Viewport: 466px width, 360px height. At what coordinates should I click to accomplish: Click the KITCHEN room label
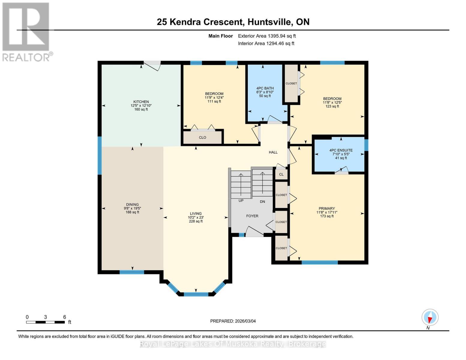[141, 102]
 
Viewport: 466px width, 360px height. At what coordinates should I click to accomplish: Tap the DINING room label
[132, 205]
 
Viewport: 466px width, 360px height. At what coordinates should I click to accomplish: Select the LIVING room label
[196, 214]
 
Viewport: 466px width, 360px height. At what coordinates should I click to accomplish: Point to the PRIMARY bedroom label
[327, 208]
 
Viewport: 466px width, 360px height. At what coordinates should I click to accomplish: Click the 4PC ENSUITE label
[341, 150]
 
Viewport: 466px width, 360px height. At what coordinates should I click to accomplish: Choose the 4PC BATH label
[265, 88]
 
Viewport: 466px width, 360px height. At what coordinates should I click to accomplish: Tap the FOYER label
[252, 216]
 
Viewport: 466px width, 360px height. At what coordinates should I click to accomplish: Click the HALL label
[273, 152]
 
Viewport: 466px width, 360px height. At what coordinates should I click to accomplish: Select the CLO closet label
[203, 137]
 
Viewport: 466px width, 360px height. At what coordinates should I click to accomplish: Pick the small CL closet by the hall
[281, 174]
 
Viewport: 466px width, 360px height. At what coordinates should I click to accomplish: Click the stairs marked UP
[241, 185]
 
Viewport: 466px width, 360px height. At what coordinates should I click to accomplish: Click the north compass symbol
[430, 317]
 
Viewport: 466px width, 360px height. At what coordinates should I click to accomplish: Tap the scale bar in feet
[45, 322]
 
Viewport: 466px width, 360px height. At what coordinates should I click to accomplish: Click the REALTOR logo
[26, 32]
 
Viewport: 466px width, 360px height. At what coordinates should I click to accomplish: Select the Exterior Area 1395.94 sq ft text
[267, 36]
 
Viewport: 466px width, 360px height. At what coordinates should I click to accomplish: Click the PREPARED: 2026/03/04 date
[233, 321]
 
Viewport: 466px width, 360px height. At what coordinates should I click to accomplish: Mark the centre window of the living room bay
[196, 294]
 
